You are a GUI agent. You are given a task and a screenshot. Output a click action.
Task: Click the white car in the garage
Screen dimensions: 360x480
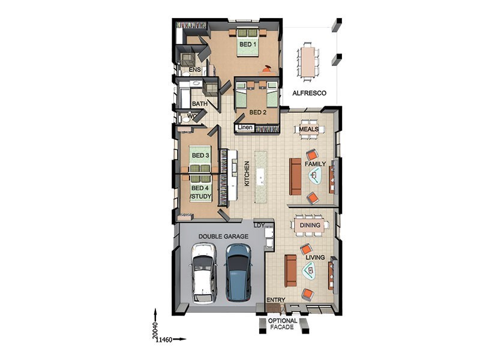[x=202, y=273]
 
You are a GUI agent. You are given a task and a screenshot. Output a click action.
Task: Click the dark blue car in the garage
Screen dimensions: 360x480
[x=238, y=272]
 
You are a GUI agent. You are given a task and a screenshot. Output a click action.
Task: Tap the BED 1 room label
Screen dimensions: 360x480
[x=248, y=44]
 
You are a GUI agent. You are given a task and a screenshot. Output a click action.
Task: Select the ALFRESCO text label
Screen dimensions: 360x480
[x=309, y=93]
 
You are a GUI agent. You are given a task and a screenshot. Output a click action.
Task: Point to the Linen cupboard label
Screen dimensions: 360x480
[x=245, y=128]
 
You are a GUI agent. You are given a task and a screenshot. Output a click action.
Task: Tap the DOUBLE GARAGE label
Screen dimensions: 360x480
[x=223, y=237]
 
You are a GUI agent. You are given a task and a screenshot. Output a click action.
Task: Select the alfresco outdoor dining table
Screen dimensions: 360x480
[x=308, y=60]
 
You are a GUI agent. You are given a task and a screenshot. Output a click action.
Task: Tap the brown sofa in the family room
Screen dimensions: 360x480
[x=295, y=176]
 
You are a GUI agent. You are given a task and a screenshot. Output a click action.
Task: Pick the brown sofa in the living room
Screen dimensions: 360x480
[x=290, y=271]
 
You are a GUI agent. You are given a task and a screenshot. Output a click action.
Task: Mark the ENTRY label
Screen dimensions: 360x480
[x=275, y=300]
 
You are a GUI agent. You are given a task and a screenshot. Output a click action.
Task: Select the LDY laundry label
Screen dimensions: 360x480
[x=259, y=225]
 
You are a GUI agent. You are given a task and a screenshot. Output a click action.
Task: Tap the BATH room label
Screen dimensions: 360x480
[x=199, y=104]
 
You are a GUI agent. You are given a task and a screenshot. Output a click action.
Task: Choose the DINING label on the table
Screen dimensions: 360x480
[x=310, y=225]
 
